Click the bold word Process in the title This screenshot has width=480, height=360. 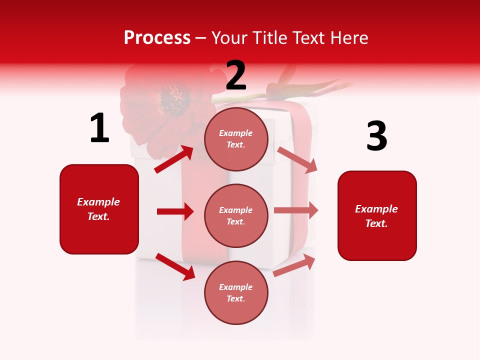157,38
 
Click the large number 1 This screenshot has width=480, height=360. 99,128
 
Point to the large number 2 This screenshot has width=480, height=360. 236,75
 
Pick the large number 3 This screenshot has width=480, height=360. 376,136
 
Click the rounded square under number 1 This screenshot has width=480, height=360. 99,209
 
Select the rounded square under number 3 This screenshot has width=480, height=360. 377,215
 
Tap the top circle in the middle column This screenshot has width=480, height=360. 236,139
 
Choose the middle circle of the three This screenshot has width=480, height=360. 236,215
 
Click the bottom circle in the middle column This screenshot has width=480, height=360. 236,292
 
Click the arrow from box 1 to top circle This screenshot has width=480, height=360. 174,159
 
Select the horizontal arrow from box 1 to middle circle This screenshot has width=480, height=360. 175,211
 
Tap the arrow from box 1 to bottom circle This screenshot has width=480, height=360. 175,266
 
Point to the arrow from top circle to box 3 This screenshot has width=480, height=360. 297,159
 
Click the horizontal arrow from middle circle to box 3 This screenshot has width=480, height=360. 296,210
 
